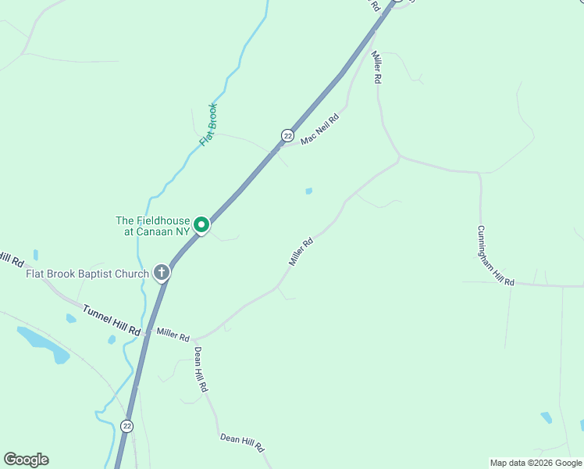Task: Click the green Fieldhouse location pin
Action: [x=201, y=225]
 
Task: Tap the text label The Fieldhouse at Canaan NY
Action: [x=153, y=227]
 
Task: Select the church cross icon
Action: [x=162, y=273]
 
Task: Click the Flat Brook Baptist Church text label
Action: [x=87, y=274]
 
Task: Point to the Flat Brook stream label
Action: [x=208, y=124]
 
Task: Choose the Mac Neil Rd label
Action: [x=320, y=128]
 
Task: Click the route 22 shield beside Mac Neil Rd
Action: [x=287, y=136]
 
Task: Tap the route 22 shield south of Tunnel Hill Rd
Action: [x=127, y=425]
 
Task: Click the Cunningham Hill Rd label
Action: [x=496, y=256]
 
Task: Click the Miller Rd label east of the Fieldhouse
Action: [x=301, y=252]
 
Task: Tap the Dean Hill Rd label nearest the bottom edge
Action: [x=242, y=443]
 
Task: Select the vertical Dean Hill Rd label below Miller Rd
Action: [x=201, y=369]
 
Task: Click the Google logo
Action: [x=26, y=460]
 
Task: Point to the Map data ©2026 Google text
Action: [x=536, y=463]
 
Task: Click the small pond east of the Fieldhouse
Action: [x=309, y=191]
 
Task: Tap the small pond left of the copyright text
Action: [x=546, y=417]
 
